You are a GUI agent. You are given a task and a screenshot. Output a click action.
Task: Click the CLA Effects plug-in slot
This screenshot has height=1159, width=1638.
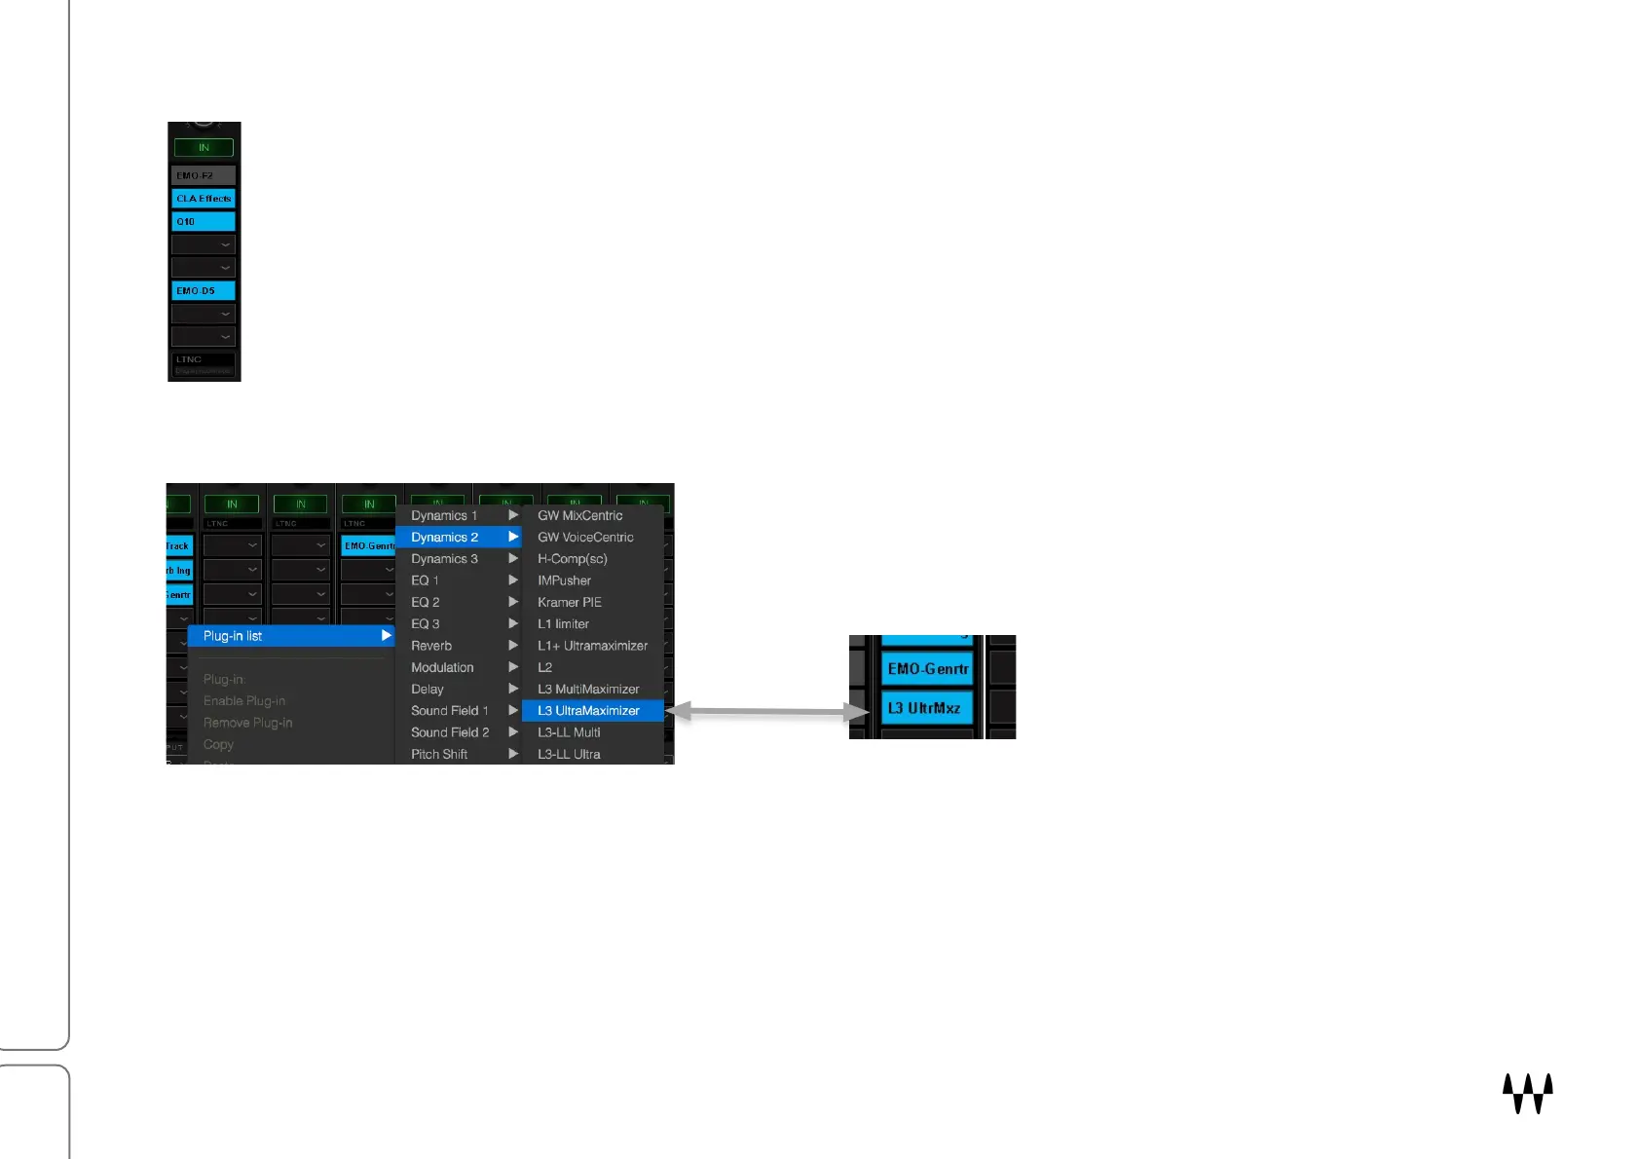[204, 199]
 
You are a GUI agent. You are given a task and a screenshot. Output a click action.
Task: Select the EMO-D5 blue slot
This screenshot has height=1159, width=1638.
[204, 291]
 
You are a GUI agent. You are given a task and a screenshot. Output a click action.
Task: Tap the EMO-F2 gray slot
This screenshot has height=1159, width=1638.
[204, 175]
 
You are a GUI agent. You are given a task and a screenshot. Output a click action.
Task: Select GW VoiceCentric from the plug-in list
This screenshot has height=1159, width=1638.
[585, 538]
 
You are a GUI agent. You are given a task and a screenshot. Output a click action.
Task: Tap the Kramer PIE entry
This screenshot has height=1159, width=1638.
[570, 603]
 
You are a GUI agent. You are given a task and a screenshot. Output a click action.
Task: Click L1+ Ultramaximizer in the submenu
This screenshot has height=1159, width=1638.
[592, 646]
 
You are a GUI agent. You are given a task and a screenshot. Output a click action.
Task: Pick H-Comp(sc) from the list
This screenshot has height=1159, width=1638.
[573, 559]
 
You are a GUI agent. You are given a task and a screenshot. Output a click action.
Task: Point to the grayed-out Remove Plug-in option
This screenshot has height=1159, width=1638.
[248, 723]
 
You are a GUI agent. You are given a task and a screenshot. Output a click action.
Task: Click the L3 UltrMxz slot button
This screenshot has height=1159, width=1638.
[926, 708]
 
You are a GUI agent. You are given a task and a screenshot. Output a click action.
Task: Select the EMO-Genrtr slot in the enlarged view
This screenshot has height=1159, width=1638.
[927, 669]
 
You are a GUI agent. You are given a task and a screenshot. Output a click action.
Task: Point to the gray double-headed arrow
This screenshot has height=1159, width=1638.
[766, 713]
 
